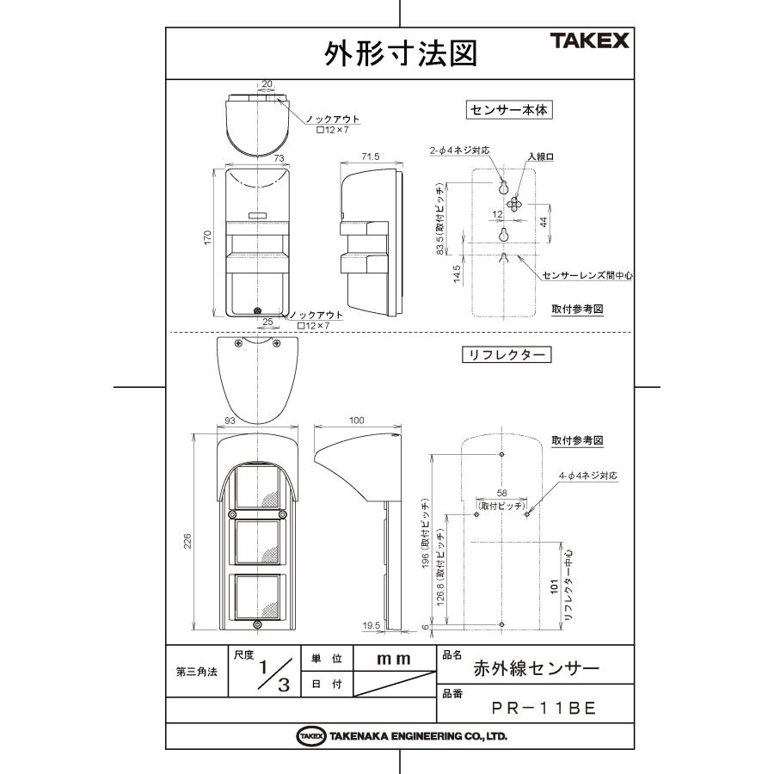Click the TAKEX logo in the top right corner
[589, 41]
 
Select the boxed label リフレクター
[507, 354]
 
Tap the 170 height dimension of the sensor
[207, 237]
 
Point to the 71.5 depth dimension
[371, 158]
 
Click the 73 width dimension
[255, 158]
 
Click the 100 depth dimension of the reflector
[357, 421]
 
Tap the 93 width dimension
[230, 421]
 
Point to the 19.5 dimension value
[372, 626]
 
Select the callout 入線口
[539, 157]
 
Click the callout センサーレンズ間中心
[587, 276]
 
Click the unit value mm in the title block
[394, 658]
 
